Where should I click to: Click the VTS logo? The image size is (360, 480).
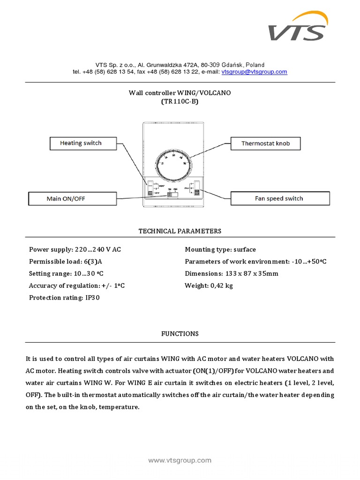point(298,27)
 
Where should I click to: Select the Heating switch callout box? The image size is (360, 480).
point(81,143)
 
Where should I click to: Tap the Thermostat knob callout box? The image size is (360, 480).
point(265,143)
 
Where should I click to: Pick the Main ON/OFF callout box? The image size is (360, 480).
point(66,199)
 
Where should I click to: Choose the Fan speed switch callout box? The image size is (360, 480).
point(279,198)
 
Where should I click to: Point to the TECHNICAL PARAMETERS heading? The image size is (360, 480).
point(180,231)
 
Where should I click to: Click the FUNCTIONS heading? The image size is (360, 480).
point(180,334)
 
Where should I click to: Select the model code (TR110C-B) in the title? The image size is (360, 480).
point(180,101)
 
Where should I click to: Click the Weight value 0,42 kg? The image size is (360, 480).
point(222,285)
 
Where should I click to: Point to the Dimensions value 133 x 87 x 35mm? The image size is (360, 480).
point(251,274)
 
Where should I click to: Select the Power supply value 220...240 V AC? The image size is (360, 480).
point(101,249)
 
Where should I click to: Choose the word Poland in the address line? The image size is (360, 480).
point(254,65)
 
